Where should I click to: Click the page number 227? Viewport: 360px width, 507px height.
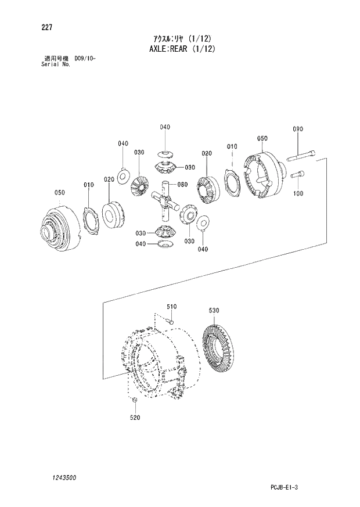tap(41, 27)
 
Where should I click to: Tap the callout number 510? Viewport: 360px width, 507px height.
tap(171, 306)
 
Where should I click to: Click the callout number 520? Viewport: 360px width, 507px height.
tap(134, 417)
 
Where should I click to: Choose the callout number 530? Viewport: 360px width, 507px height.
tap(214, 311)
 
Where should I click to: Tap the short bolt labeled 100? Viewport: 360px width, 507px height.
tap(297, 174)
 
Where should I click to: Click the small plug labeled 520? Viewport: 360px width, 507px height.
tap(134, 401)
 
